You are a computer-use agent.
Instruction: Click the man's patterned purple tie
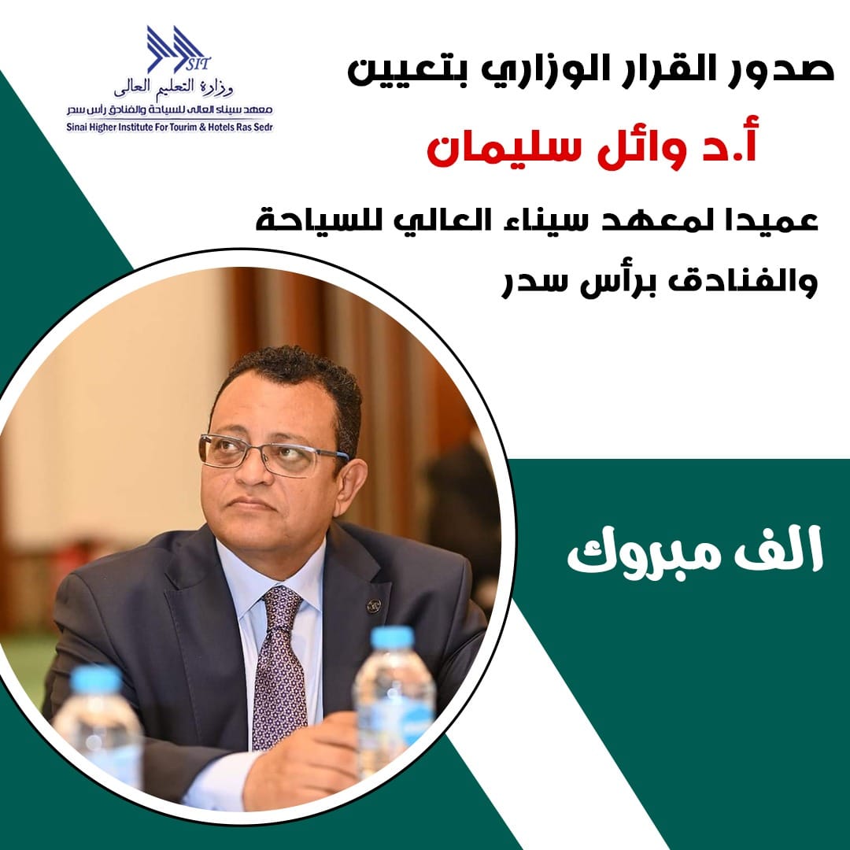[279, 667]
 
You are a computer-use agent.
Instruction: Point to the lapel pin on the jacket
[374, 605]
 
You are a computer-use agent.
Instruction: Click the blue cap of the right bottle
[393, 637]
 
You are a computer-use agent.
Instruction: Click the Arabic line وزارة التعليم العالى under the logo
[173, 87]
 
